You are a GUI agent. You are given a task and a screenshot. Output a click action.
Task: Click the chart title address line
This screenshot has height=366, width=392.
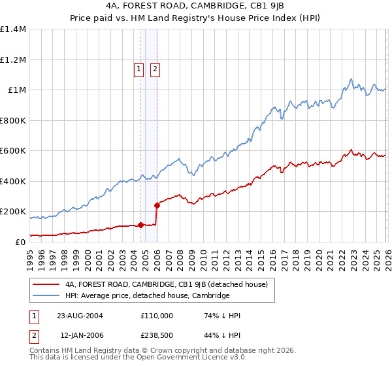[195, 7]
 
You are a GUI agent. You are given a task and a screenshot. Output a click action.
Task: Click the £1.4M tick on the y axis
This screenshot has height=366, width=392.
[13, 29]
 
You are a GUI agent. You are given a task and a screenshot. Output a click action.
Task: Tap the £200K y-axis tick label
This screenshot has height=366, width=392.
[13, 212]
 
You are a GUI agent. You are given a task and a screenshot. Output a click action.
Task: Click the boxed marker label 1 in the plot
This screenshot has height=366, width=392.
[140, 70]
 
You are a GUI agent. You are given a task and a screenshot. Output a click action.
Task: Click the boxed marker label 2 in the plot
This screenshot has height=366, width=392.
[155, 70]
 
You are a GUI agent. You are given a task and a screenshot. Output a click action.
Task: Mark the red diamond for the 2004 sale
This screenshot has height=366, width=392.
[140, 225]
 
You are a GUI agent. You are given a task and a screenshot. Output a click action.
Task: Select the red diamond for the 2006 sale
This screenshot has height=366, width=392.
[157, 206]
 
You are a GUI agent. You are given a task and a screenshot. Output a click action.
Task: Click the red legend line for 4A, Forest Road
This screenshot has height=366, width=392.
[46, 284]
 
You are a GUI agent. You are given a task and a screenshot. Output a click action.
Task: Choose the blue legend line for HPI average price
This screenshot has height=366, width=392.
[46, 296]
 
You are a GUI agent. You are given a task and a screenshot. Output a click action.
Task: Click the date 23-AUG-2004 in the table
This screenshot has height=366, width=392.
[80, 315]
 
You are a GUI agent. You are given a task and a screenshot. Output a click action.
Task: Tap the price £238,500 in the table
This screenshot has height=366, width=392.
[157, 335]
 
